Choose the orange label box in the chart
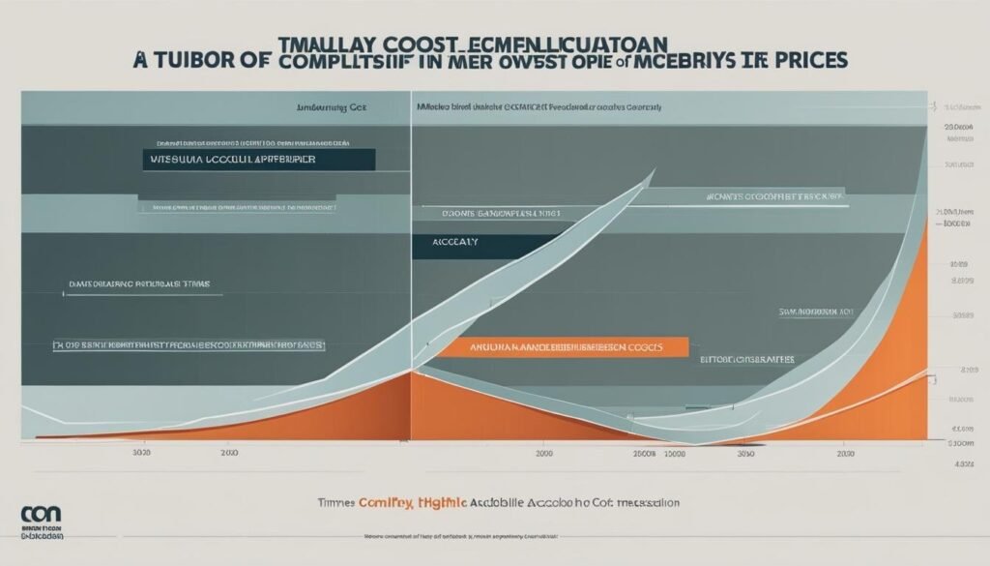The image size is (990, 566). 561,346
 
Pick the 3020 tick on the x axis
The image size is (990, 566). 141,452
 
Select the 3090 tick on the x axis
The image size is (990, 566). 745,452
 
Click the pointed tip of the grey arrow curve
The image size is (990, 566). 655,172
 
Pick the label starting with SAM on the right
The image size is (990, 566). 816,313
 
